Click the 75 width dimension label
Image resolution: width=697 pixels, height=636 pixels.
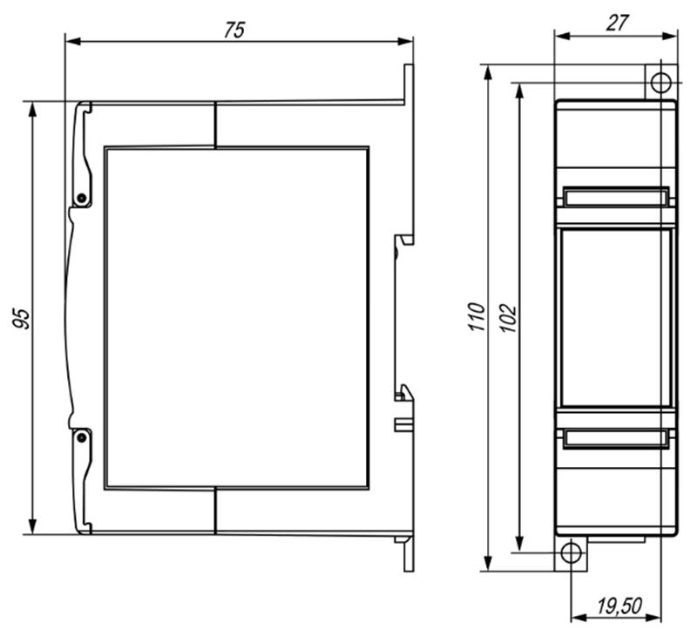tap(233, 30)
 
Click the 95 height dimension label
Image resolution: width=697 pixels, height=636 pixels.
tap(21, 318)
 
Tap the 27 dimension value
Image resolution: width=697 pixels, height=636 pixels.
tap(617, 23)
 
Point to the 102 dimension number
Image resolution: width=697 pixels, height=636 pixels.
tap(508, 318)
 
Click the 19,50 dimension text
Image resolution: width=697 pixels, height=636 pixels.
tap(619, 606)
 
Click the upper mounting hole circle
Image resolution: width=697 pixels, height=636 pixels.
tap(661, 83)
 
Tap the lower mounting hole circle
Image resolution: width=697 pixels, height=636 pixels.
tap(572, 553)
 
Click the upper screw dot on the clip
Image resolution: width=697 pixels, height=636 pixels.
tap(81, 198)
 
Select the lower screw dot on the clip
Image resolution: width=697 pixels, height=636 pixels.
tap(81, 437)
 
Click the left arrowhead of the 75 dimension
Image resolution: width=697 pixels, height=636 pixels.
tap(73, 41)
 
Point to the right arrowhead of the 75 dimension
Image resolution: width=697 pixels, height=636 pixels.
tap(405, 41)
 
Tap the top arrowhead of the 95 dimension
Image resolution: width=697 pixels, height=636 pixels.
tap(32, 109)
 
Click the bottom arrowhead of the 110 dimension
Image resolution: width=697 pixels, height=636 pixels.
tap(488, 563)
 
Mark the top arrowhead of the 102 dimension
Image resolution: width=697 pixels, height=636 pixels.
tap(519, 91)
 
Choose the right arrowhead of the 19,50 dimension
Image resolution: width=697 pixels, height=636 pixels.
tap(653, 617)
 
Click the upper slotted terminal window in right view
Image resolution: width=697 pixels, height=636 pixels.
tap(616, 197)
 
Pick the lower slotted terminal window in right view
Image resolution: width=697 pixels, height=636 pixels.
tap(616, 438)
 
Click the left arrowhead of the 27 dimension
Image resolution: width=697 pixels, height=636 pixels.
tap(563, 36)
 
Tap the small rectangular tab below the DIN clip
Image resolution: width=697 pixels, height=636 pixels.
tap(404, 424)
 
